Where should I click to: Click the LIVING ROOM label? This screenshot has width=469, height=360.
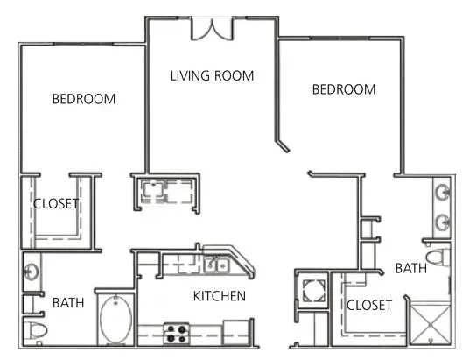212,76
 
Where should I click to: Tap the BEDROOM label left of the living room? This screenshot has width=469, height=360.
84,99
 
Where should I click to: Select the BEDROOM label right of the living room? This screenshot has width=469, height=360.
344,89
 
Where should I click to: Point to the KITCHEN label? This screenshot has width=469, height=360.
219,296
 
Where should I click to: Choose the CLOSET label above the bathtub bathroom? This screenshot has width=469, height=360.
56,204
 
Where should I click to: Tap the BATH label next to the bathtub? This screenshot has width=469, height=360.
68,303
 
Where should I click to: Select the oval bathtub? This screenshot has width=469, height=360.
115,320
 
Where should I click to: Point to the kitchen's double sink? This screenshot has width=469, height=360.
215,263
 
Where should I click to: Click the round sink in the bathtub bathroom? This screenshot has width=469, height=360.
31,271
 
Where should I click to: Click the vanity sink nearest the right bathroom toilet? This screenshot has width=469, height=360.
443,222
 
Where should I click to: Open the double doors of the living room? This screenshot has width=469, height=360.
213,28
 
